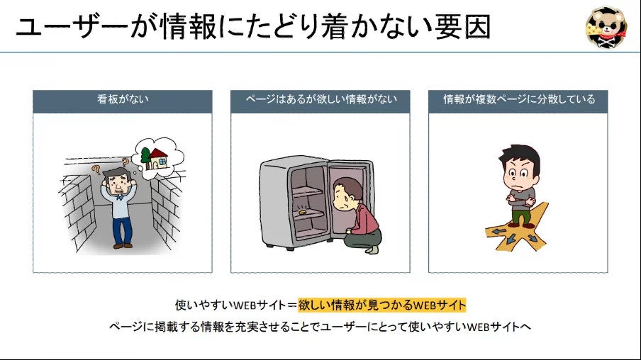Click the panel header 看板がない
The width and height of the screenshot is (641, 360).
point(123,100)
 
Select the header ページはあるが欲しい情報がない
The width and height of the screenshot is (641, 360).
point(320,100)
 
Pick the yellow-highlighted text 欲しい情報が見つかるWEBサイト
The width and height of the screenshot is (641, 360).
point(382,305)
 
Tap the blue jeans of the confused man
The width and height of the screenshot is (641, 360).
point(122,230)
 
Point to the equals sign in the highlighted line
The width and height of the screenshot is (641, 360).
point(291,305)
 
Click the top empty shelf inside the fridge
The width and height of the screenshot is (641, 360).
point(307,189)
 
